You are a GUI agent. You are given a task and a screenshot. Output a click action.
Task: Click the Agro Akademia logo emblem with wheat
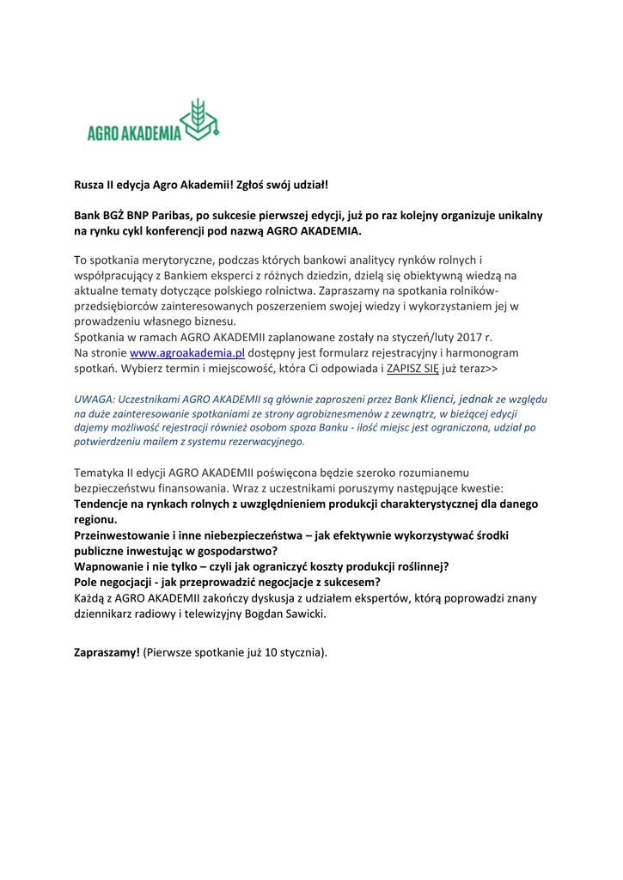coord(202,119)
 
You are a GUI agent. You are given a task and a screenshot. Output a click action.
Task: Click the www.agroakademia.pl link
coord(187,353)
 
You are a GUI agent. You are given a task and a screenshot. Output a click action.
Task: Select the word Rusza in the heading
coord(89,184)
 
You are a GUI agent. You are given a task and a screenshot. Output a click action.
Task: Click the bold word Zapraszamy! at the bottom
coord(107,652)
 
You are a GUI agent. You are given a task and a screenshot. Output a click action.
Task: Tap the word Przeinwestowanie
coord(121,535)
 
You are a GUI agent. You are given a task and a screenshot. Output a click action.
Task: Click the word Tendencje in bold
coord(104,504)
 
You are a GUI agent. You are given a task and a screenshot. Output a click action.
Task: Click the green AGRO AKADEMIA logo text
coord(134,133)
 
